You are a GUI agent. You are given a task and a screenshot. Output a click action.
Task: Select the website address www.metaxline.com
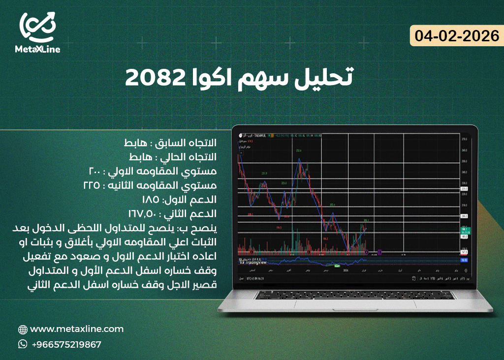[77, 329]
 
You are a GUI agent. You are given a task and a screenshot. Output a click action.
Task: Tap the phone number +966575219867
[66, 345]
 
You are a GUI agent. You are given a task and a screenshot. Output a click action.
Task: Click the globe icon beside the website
[23, 330]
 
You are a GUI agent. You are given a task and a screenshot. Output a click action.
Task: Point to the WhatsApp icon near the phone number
[23, 345]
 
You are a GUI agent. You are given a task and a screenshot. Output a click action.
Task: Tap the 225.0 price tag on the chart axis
[464, 189]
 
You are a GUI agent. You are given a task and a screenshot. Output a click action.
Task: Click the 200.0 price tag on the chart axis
[464, 216]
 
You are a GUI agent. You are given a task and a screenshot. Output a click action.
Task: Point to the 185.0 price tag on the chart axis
[464, 237]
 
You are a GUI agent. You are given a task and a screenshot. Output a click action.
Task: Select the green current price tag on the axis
[464, 229]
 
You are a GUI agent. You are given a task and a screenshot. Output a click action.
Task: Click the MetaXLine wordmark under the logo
[37, 49]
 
